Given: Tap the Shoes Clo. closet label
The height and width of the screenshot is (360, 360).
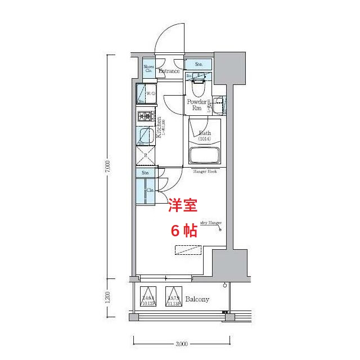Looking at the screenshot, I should coord(149,69).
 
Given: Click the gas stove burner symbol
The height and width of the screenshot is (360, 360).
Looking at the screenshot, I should coord(145,116).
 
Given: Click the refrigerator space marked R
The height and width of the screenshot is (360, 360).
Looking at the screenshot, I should coord(145,155).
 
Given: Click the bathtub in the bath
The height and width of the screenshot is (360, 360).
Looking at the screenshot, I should coord(204,155).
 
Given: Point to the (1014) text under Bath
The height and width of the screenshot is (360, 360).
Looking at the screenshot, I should coord(205,138).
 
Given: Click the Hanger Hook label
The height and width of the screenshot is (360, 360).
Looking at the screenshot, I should coord(205,172).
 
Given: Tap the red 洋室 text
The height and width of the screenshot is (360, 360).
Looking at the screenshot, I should coord(183,206).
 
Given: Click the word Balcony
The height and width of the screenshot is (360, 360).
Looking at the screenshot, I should coord(197,299).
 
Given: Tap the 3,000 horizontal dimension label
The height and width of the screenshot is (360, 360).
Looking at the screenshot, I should coord(181,344).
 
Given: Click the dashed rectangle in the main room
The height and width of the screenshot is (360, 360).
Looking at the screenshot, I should coord(187,249).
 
